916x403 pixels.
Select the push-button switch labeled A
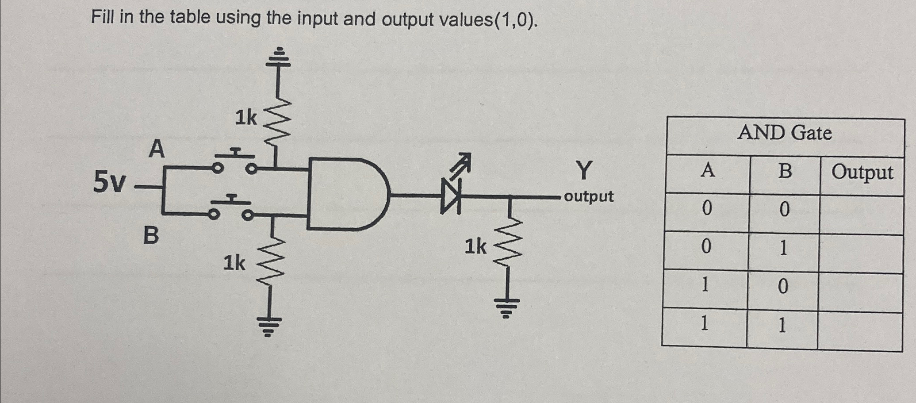(x=234, y=162)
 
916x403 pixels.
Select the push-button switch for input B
(x=231, y=208)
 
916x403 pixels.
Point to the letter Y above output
(x=584, y=171)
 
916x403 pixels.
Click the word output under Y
(x=589, y=196)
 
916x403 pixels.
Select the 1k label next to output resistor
(x=475, y=247)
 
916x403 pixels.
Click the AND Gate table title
(x=784, y=133)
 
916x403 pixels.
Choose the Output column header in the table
(x=862, y=173)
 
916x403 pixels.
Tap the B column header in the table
(x=785, y=171)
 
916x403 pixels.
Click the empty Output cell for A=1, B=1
(x=859, y=331)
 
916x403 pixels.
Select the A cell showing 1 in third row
(x=705, y=285)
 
